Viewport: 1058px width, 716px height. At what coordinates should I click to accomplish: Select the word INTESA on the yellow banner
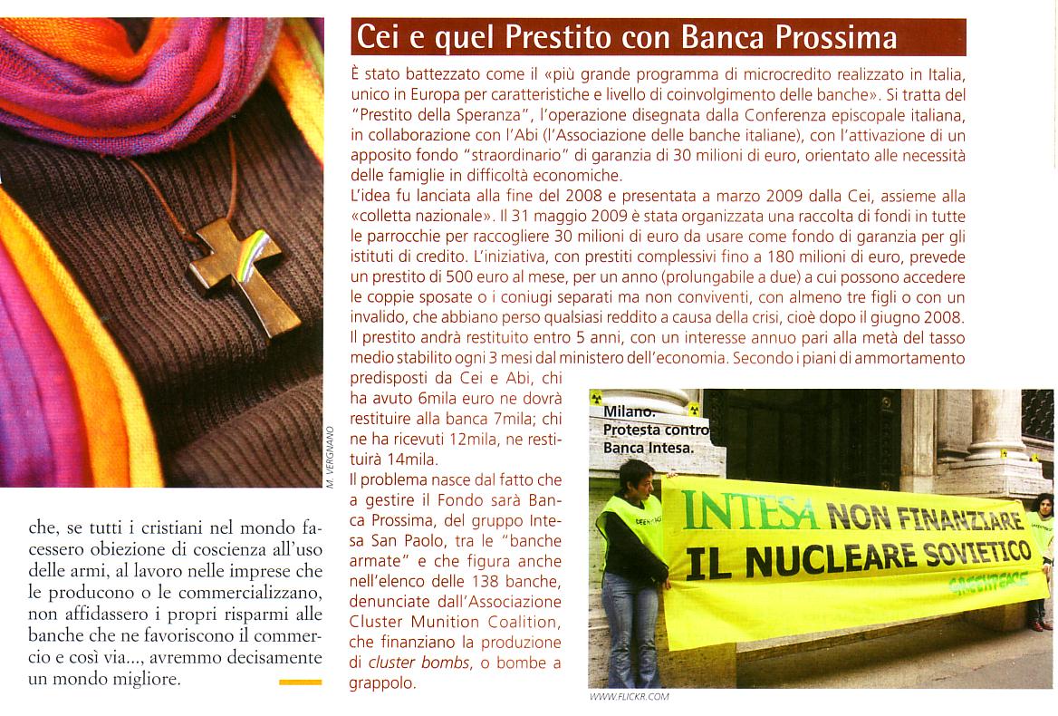coord(750,511)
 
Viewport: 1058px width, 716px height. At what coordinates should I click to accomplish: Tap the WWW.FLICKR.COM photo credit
coord(629,696)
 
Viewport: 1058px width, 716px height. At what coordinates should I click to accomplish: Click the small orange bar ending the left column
coord(300,682)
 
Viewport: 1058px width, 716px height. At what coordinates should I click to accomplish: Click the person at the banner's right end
coord(1042,553)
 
